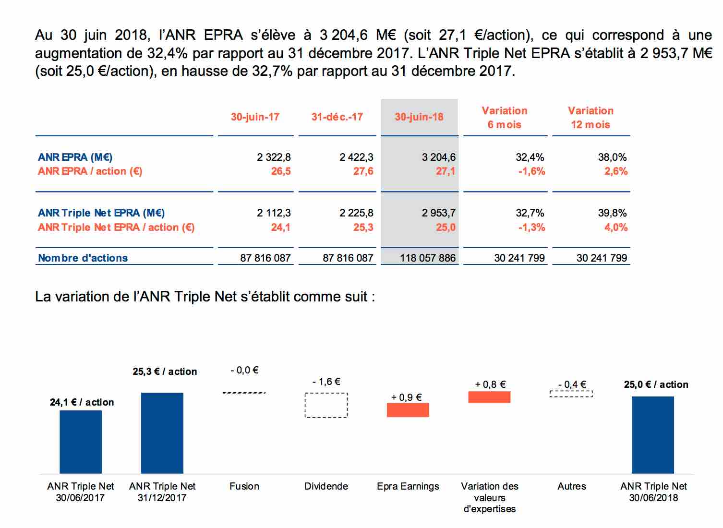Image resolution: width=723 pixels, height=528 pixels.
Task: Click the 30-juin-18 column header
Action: [x=419, y=117]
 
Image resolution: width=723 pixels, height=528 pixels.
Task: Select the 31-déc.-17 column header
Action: [x=337, y=117]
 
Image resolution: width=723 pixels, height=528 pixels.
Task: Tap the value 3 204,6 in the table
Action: [x=439, y=157]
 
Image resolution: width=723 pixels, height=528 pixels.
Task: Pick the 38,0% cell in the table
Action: [x=612, y=157]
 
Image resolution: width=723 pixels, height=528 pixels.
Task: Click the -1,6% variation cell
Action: [x=531, y=171]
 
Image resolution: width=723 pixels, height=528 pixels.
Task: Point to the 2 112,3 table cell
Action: [x=274, y=213]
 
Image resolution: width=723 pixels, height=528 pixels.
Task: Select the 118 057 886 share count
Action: [x=428, y=258]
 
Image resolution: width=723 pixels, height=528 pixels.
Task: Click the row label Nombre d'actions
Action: [x=83, y=258]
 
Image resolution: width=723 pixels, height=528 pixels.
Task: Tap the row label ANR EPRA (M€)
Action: [x=75, y=157]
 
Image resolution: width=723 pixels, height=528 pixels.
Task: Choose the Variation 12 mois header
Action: [x=590, y=118]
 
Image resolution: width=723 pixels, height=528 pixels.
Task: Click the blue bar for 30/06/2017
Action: [x=81, y=442]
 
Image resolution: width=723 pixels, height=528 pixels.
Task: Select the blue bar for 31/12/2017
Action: [x=162, y=433]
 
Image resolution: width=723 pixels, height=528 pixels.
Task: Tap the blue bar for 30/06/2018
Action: [x=653, y=435]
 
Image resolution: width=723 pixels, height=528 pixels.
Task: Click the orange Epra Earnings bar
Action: [x=408, y=410]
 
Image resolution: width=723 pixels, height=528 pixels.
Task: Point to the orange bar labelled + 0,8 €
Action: [x=489, y=397]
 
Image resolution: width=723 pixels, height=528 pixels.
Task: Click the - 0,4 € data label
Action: [x=572, y=384]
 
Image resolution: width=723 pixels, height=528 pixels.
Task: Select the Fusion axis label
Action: [x=244, y=486]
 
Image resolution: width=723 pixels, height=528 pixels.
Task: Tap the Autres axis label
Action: [x=572, y=486]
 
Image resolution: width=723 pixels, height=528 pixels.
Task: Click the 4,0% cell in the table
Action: [x=616, y=227]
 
